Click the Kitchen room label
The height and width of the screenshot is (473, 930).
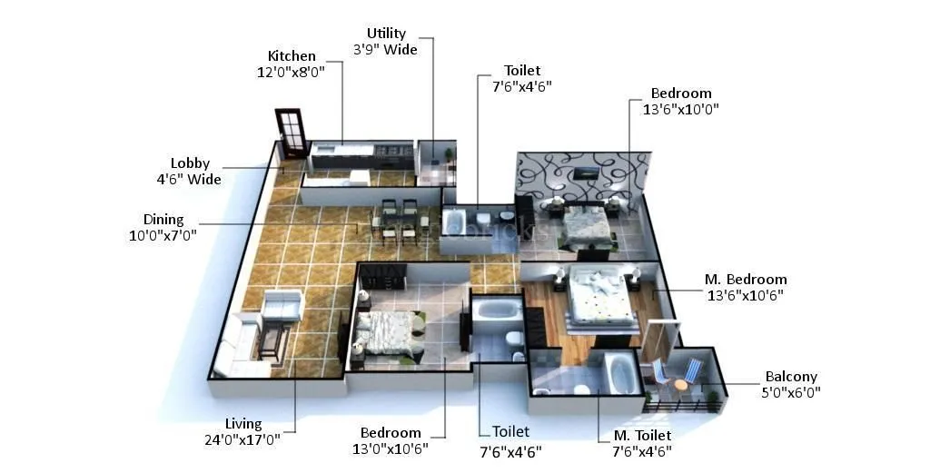(x=292, y=56)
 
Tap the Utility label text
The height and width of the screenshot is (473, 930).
(x=385, y=34)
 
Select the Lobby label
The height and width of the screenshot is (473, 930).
(x=190, y=163)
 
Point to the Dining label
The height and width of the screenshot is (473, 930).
(x=163, y=220)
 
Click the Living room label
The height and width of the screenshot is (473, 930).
(x=243, y=424)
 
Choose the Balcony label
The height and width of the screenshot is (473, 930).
(x=791, y=377)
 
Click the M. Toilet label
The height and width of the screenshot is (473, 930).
(x=642, y=437)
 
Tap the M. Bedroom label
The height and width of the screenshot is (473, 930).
(x=746, y=280)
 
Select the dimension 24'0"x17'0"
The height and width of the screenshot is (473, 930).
(x=244, y=440)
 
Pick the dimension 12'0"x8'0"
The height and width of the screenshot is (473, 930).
(x=292, y=72)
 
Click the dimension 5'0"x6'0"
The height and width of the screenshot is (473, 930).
(x=791, y=392)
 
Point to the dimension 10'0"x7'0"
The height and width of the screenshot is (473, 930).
(x=163, y=235)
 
